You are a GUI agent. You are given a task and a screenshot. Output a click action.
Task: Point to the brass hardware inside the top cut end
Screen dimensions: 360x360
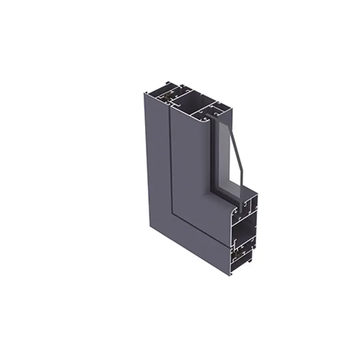[166, 96]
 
